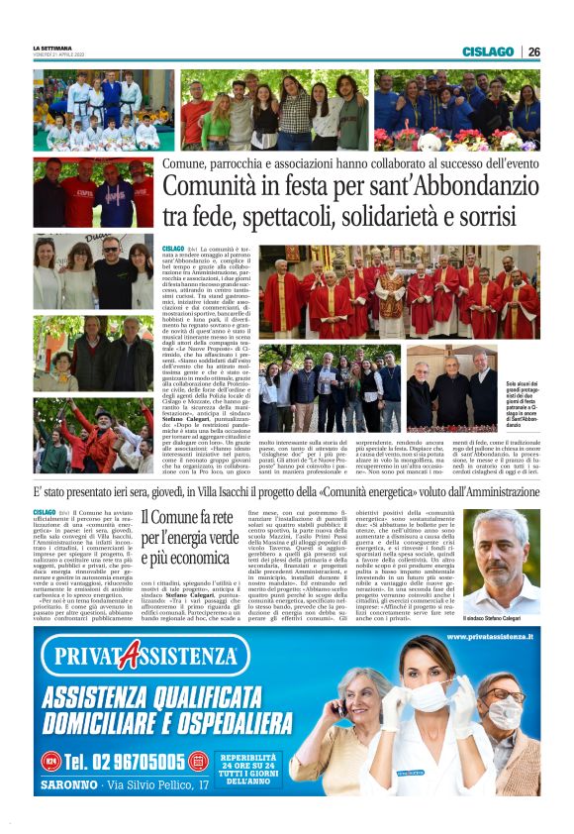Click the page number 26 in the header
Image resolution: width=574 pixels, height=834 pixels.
coord(533,52)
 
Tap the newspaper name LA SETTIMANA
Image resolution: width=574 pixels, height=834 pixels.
coord(51,49)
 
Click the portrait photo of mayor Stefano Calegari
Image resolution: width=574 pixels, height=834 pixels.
coord(507,548)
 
